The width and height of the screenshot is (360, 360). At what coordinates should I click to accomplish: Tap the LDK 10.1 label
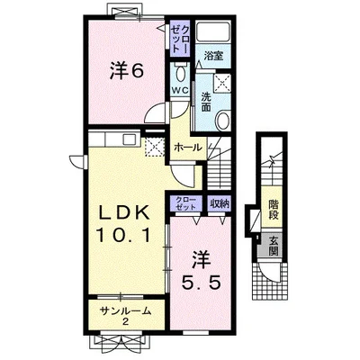[124, 223]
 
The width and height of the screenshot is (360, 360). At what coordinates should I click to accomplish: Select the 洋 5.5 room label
[202, 271]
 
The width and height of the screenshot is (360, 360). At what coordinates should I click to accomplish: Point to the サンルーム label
[125, 311]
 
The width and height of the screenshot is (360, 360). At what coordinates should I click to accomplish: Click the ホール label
[188, 148]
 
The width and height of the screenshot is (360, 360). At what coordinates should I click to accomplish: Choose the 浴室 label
[213, 56]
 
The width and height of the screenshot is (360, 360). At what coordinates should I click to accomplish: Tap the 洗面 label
[206, 102]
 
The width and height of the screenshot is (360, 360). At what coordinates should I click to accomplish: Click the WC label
[180, 90]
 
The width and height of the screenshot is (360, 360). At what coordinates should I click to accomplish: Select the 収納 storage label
[220, 203]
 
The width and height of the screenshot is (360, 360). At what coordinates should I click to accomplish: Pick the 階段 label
[274, 209]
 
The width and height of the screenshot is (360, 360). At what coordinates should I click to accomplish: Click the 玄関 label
[274, 246]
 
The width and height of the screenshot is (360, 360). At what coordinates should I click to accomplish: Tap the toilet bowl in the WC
[180, 73]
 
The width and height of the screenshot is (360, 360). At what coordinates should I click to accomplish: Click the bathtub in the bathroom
[213, 32]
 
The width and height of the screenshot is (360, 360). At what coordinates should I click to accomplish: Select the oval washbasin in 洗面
[223, 120]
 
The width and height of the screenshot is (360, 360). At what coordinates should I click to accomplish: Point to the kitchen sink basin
[130, 139]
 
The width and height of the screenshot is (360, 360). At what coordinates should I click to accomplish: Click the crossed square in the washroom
[222, 82]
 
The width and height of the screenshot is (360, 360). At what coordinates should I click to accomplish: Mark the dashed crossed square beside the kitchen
[154, 147]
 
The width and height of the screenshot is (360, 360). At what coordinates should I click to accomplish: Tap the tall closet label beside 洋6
[180, 39]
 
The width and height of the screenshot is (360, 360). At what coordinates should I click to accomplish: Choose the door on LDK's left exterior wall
[77, 161]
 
